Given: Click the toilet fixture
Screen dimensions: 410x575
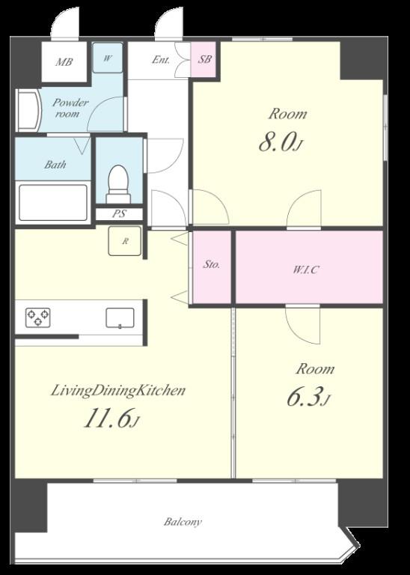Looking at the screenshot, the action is (118, 184).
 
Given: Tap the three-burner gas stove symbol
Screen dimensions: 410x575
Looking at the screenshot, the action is (37, 317).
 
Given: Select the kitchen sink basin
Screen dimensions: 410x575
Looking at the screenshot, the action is (120, 318).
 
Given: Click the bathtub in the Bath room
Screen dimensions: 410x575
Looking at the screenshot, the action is (53, 203).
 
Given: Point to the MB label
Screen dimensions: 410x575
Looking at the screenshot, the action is (64, 62).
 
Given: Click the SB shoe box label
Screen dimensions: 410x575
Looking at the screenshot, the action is (204, 59).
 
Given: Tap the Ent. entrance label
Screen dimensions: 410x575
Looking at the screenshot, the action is (161, 59).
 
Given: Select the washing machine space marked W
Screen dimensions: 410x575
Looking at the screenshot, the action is (107, 58).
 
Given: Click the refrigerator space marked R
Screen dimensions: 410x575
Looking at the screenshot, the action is (125, 241).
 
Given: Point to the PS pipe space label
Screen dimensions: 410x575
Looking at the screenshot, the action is (119, 214).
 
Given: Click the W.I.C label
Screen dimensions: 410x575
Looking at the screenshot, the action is (305, 270).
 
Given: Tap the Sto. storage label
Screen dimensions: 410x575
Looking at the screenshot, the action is (212, 264).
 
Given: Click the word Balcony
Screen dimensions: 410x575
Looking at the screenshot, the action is (183, 522).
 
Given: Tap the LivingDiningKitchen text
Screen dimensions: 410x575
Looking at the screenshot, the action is (117, 391).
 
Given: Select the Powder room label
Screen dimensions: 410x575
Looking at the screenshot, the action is (70, 108).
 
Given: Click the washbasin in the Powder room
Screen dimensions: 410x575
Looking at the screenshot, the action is (29, 110).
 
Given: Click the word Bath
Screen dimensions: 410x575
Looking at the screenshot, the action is (55, 165).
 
